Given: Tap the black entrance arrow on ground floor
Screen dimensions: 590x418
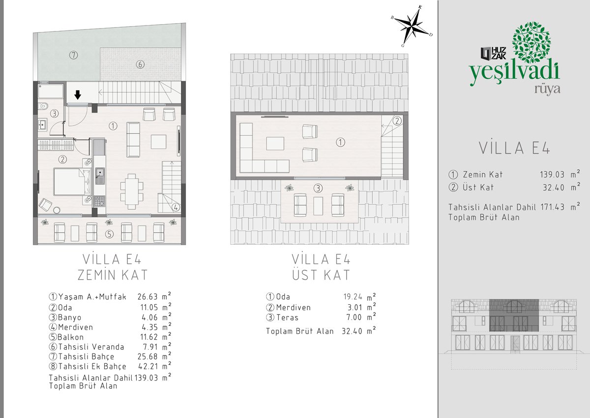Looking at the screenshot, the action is (78, 95).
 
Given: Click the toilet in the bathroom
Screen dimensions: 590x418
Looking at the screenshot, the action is (43, 106).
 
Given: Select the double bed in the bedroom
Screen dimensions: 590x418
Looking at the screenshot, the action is (72, 182).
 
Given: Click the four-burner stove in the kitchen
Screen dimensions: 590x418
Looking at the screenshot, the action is (99, 201).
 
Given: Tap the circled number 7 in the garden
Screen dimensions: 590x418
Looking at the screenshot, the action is (73, 55).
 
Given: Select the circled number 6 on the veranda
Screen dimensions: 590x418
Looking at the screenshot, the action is (140, 64).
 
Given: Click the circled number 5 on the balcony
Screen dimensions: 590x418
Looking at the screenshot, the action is (109, 234).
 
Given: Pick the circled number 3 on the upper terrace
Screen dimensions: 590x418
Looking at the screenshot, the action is (318, 188).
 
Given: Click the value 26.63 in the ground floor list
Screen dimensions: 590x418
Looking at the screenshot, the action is (147, 297).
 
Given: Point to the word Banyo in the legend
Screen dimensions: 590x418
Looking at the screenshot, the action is (69, 318).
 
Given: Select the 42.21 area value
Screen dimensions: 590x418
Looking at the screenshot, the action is (148, 366).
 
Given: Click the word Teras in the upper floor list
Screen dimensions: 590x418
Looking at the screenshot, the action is (287, 317).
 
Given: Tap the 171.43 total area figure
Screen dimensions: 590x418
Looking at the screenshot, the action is (553, 207).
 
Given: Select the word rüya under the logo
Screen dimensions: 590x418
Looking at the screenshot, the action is (547, 90).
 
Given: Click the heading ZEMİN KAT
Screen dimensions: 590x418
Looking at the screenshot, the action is (113, 275).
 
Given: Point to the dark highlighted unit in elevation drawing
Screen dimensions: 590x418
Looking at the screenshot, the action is (514, 315).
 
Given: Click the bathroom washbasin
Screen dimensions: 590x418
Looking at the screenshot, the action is (42, 124).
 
